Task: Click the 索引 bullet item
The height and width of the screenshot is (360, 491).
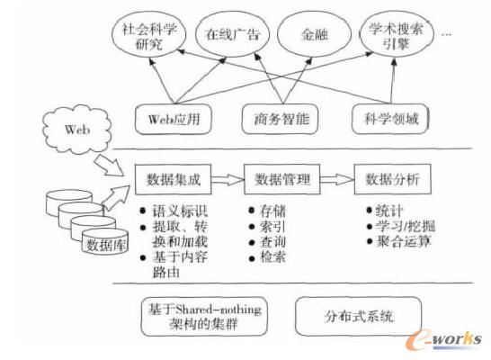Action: coord(272,225)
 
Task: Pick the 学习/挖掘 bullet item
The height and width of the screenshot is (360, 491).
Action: coord(398,225)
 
